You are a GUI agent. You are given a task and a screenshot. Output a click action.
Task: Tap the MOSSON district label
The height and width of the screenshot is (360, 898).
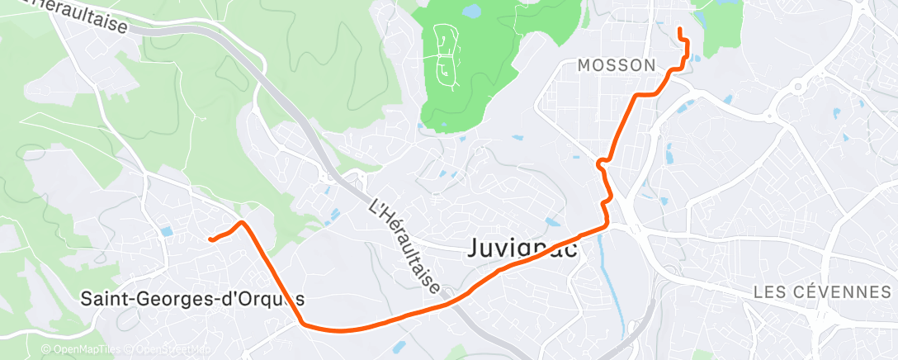click(x=617, y=65)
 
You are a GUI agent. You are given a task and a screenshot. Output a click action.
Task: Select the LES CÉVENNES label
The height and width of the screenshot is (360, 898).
click(x=825, y=292)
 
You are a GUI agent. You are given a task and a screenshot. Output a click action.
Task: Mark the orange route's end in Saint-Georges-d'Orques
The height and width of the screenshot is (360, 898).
click(x=211, y=240)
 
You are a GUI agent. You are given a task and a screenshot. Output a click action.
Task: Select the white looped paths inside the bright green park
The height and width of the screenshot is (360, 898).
click(x=447, y=54)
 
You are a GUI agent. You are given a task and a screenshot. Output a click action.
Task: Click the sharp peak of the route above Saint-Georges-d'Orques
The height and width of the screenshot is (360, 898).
click(x=241, y=222)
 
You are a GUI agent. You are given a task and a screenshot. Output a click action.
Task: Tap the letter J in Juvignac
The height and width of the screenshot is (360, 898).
click(x=476, y=248)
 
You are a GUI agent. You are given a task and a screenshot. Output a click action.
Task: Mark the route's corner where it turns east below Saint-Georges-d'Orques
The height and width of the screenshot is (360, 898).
click(x=303, y=323)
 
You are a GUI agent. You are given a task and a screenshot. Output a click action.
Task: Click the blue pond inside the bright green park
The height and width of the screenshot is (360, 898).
click(x=470, y=12)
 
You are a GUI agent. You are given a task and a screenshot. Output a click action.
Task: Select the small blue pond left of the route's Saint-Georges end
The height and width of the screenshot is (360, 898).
click(x=167, y=232)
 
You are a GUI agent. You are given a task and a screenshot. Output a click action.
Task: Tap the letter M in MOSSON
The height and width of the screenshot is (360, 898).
click(x=584, y=65)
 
